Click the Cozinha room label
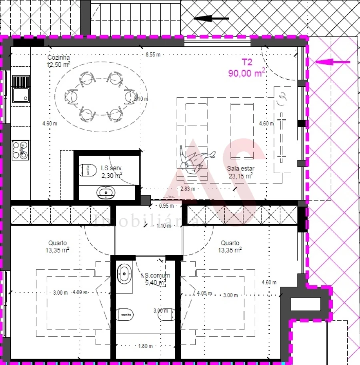[x=59, y=57]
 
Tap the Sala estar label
[x=241, y=168]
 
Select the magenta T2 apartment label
[x=247, y=62]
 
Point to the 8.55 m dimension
[x=153, y=55]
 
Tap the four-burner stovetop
[x=20, y=149]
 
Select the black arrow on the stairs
[x=211, y=18]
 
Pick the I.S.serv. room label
[x=111, y=168]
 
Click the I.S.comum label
[x=156, y=275]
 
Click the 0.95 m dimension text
[x=166, y=206]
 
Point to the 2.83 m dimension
[x=188, y=189]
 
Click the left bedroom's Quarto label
[x=58, y=243]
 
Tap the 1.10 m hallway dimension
[x=164, y=226]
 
